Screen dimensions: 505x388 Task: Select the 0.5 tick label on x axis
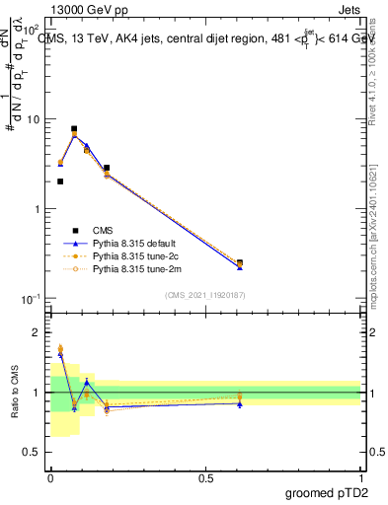(205, 477)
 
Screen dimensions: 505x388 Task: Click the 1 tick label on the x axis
(361, 477)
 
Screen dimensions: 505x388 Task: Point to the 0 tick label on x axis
(50, 477)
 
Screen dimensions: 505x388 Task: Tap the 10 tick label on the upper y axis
(34, 119)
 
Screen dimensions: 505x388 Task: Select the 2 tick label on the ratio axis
(38, 332)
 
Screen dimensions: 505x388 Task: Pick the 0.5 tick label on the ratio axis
(34, 452)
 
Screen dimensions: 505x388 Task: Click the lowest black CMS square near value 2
(60, 181)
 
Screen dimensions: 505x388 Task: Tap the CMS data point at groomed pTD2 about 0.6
(240, 263)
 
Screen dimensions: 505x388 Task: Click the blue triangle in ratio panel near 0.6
(240, 403)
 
